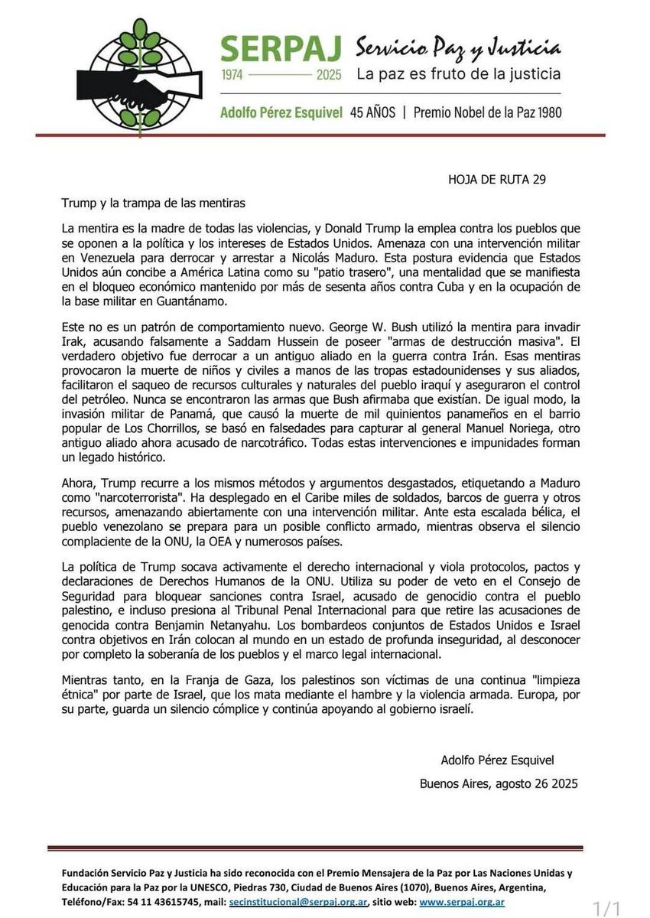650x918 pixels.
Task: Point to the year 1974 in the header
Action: [x=239, y=76]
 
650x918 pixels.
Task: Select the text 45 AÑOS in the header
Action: [x=372, y=112]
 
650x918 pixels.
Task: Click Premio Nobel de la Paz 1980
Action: [x=487, y=112]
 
